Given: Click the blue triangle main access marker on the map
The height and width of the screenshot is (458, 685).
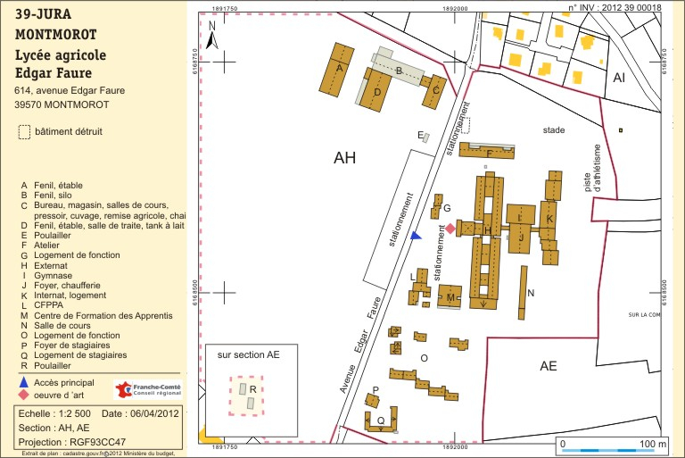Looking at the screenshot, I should point(416,236).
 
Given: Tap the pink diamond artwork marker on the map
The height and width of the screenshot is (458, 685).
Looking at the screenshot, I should point(450,229).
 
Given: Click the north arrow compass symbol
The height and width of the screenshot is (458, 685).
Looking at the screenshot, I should point(212,36).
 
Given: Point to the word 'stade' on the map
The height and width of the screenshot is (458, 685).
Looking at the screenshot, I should point(554,130).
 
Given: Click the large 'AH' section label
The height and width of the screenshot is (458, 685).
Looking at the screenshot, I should point(344,159).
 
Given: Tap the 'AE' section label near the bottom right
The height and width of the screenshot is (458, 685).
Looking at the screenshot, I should point(548,366).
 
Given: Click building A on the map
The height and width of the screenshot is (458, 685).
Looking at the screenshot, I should point(340,68).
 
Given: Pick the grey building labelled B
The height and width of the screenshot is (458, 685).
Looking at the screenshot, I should point(400,71).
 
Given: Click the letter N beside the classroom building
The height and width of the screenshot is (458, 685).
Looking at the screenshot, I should point(531,293).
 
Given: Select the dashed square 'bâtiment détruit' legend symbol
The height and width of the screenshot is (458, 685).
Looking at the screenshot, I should point(23,131).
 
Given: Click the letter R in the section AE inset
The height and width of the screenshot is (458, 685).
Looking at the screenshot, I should point(253,389).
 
